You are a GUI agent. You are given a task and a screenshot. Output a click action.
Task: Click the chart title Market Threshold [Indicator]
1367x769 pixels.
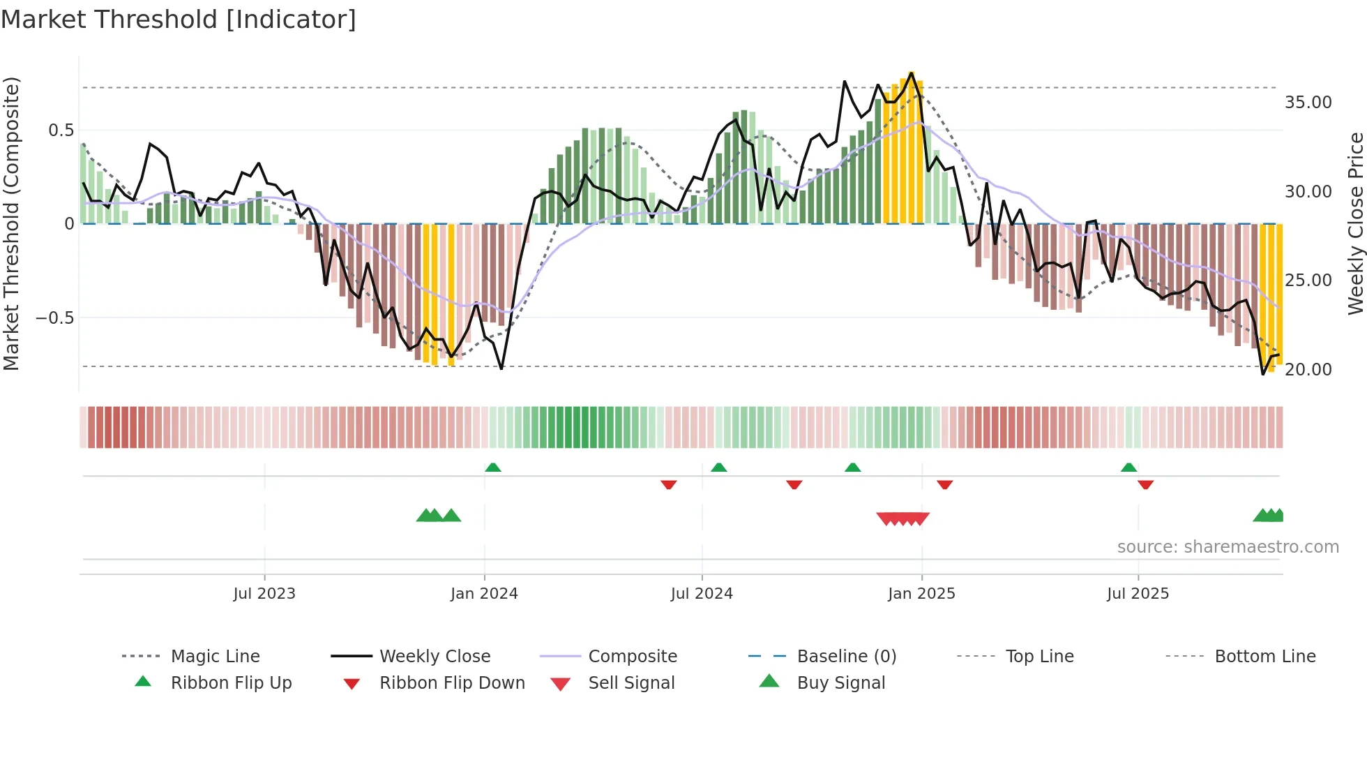tap(179, 20)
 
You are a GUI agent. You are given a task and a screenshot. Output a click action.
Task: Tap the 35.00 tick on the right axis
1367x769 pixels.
tap(1308, 103)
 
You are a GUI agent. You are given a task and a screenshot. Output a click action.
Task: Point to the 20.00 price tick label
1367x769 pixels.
tap(1308, 370)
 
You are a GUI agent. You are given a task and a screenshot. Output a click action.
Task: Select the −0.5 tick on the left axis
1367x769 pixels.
tap(54, 318)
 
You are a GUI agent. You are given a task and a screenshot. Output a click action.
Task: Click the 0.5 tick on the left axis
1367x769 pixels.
tap(61, 130)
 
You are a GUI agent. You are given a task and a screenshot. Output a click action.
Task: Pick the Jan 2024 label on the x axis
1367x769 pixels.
tap(484, 594)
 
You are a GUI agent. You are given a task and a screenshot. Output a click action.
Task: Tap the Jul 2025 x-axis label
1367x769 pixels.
tap(1138, 594)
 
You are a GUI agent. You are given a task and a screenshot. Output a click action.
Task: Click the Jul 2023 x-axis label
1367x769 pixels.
tap(264, 594)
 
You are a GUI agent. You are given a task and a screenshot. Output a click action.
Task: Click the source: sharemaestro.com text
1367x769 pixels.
tap(1228, 547)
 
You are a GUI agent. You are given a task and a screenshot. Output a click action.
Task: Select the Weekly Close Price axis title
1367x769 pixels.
tap(1355, 223)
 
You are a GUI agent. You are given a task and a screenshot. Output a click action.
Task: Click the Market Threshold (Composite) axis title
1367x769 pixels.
tap(11, 223)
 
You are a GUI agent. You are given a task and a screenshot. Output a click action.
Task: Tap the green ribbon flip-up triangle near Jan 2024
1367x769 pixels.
tap(493, 467)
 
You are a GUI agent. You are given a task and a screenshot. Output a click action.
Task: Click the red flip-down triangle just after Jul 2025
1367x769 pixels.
tap(1145, 484)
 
